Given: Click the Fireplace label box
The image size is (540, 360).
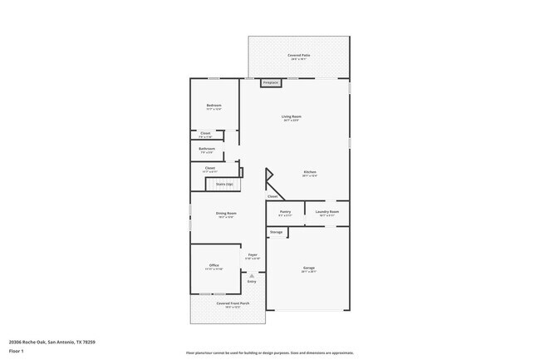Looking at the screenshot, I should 270,83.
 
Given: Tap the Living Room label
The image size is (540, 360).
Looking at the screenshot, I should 291,116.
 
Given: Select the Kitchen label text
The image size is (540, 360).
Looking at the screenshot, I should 309,172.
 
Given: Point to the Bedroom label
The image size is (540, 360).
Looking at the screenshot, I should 214,106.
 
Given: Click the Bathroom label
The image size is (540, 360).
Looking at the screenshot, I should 207,149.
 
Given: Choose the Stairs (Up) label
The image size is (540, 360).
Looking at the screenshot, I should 224,184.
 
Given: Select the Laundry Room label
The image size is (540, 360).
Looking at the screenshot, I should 327,212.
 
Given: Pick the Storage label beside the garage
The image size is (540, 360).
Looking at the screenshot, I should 276,232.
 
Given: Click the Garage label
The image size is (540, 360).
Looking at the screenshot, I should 308,268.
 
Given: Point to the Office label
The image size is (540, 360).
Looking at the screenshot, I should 214,265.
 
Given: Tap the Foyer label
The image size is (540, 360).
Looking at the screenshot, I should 253,254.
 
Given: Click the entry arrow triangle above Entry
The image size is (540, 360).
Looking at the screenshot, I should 253,275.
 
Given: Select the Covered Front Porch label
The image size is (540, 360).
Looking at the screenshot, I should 228,303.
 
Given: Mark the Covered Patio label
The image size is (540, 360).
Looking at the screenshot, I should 298,55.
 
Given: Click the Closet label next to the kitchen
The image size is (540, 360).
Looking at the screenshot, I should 272,196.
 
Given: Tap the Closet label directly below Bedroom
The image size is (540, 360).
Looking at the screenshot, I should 205,133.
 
